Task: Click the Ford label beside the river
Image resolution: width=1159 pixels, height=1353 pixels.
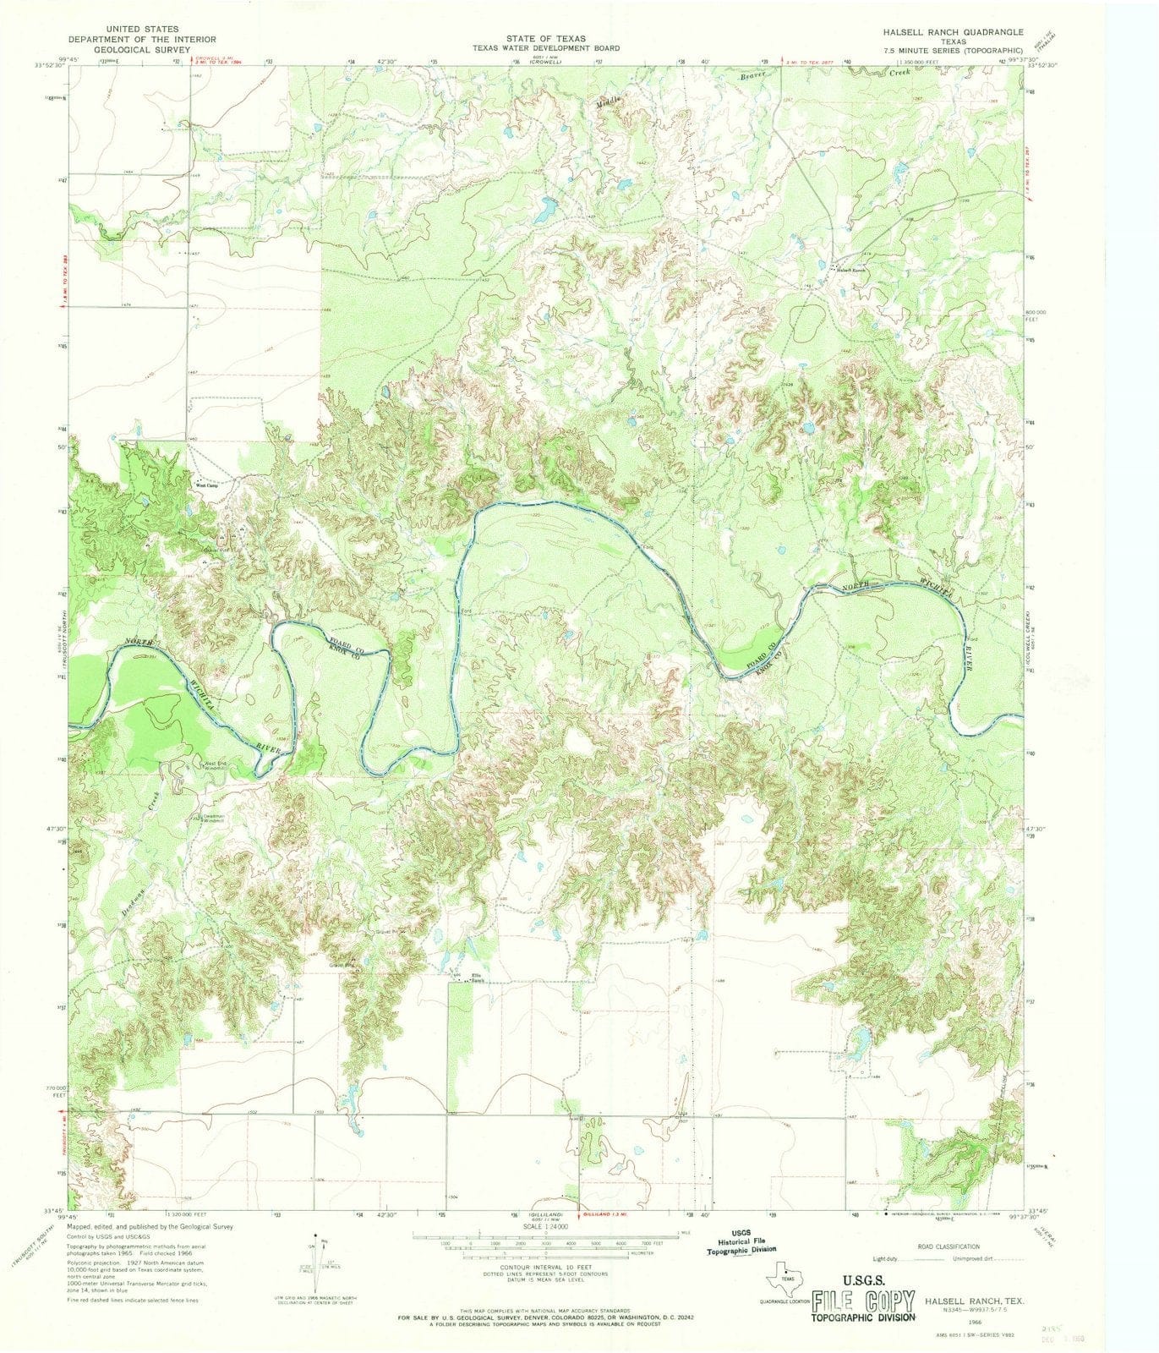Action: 465,611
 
